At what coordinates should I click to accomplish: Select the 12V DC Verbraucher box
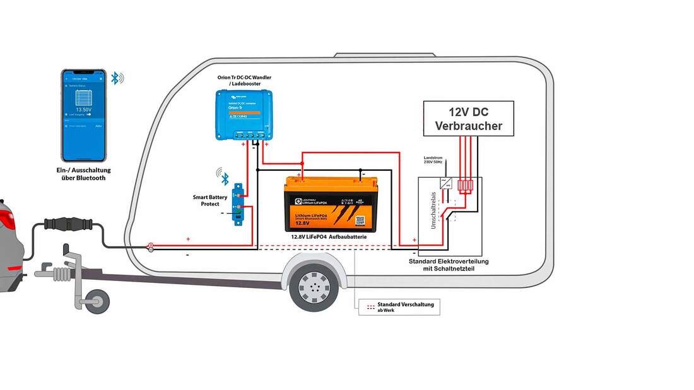pos(468,118)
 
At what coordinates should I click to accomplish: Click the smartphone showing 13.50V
pos(84,115)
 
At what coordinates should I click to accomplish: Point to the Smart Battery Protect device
pos(238,203)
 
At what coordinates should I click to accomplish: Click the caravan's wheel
pos(314,287)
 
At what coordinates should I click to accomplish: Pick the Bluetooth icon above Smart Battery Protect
pos(223,174)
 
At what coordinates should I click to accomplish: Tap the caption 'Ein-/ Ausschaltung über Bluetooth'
pos(83,174)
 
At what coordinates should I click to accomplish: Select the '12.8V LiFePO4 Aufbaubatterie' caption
pos(329,236)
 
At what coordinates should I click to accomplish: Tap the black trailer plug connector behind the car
pos(66,224)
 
